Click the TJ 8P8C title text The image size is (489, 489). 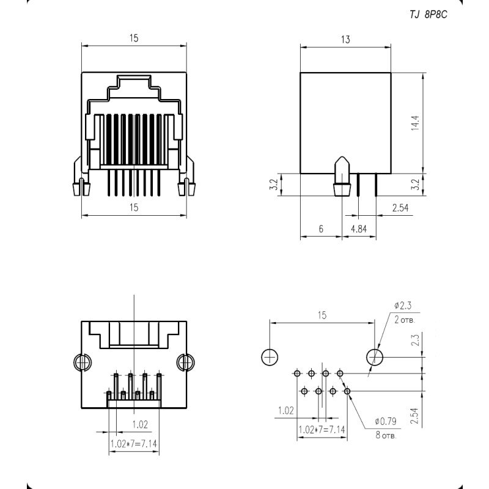(428, 14)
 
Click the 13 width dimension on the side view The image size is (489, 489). (345, 40)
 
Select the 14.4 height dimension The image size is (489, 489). (415, 123)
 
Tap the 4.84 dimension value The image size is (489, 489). (359, 229)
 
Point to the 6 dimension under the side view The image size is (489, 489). (322, 229)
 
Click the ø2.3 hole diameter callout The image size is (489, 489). (403, 305)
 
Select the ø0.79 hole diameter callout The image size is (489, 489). (386, 421)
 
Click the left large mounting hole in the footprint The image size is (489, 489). (270, 357)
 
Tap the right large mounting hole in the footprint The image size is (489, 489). (375, 357)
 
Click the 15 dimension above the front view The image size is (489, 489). (134, 38)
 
